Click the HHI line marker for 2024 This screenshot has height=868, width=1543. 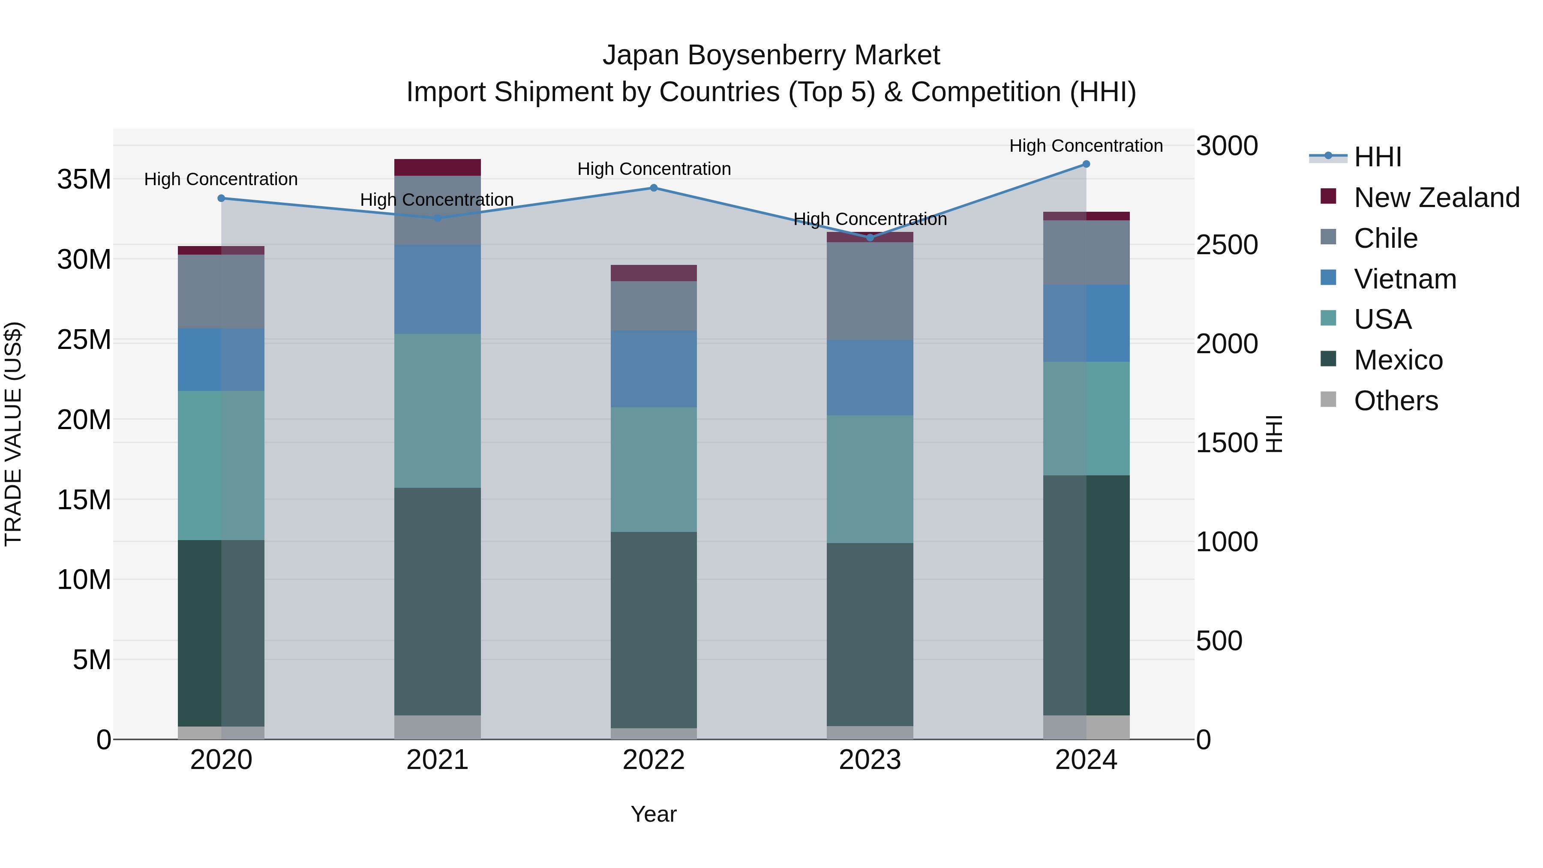(x=1086, y=164)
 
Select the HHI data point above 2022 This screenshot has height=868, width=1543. (x=654, y=188)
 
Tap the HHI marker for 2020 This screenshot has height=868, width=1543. (x=221, y=198)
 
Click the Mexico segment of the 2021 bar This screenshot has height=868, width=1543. (x=437, y=601)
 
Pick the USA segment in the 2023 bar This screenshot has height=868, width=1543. (x=870, y=479)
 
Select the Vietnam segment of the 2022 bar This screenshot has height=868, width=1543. (x=654, y=369)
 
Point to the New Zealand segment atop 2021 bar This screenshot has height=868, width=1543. (x=437, y=167)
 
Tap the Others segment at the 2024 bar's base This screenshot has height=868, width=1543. (x=1086, y=727)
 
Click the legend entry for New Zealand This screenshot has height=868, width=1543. (x=1436, y=198)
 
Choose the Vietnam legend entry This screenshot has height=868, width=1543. (x=1405, y=279)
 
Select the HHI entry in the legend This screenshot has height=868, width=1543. (x=1378, y=157)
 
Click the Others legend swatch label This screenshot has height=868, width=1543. (x=1396, y=401)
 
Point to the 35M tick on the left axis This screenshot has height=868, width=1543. (x=84, y=179)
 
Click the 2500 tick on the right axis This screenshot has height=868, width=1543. (x=1227, y=245)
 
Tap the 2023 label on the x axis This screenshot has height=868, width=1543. (x=870, y=760)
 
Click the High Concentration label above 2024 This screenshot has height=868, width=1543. (x=1086, y=146)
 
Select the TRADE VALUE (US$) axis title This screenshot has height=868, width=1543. (x=13, y=434)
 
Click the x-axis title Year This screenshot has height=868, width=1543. (x=654, y=814)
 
